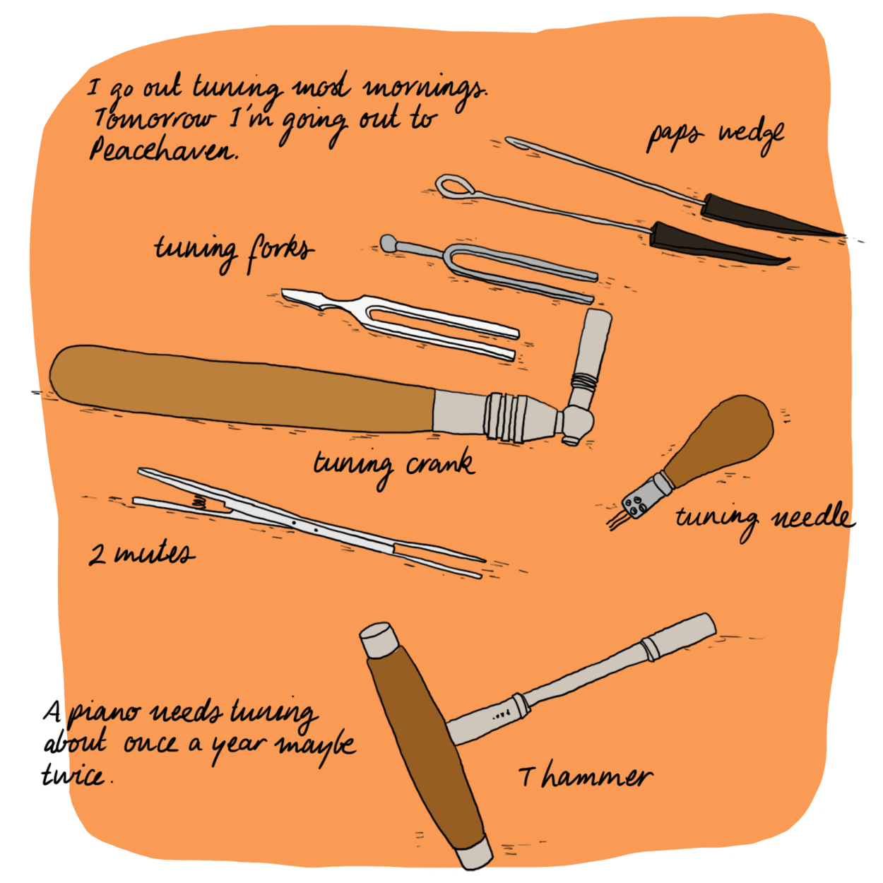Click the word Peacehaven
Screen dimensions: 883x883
(164, 148)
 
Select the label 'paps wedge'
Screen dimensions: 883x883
(716, 137)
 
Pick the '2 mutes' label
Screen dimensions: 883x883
(141, 555)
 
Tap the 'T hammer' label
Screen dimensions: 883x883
(586, 776)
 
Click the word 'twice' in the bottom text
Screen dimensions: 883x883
(76, 776)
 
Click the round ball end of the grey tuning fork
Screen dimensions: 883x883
(389, 242)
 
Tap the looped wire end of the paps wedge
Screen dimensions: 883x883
(452, 185)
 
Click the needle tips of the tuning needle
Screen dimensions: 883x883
(617, 521)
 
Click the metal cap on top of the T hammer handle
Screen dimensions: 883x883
(378, 640)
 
